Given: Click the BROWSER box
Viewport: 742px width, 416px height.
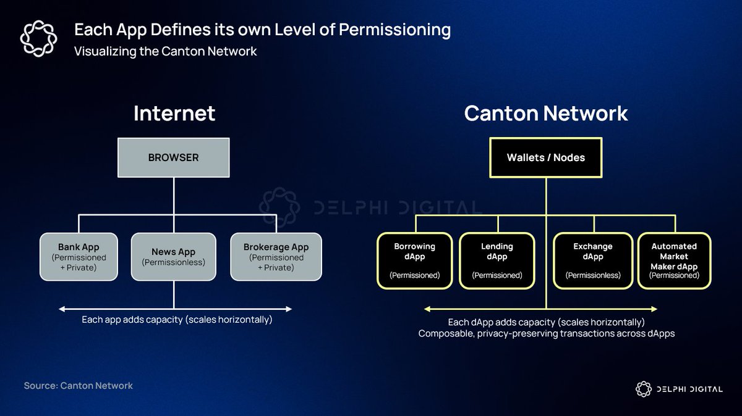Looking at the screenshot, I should tap(173, 157).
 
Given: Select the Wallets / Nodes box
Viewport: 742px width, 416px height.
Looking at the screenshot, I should tap(545, 157).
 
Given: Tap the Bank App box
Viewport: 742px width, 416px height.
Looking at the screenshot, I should tap(79, 257).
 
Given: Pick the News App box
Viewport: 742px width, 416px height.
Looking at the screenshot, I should tap(173, 257).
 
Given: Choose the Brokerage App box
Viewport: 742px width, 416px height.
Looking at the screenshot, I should tap(276, 257).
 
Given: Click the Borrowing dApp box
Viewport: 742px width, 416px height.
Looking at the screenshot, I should tap(414, 260).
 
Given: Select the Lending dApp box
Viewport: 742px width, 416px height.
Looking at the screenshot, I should tap(497, 260).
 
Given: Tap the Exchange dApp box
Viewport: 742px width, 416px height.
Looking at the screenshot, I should tap(592, 260).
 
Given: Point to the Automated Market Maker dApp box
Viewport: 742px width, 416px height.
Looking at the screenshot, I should tap(674, 260).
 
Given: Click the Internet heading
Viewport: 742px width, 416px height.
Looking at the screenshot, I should tap(174, 114).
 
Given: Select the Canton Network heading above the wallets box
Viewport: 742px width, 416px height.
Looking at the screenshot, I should tap(545, 114).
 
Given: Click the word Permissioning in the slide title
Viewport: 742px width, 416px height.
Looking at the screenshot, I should tap(393, 30).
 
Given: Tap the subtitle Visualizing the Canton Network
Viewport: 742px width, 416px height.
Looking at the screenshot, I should tap(165, 51).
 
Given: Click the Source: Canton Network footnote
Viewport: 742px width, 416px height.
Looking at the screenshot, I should tap(79, 385).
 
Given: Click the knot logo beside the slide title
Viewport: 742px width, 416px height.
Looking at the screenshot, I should tap(38, 38).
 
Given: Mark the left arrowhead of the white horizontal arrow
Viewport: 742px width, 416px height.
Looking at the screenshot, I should tap(61, 308).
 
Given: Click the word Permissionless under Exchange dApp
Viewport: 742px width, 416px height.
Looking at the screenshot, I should tap(592, 275).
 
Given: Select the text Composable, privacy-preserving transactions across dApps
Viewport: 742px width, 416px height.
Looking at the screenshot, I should tap(546, 334).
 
